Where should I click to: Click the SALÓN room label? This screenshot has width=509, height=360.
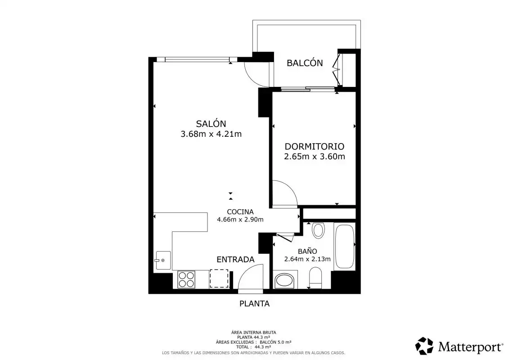coord(211,123)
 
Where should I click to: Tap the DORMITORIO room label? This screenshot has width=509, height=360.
coord(314,146)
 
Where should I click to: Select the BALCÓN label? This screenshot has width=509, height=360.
coord(305,63)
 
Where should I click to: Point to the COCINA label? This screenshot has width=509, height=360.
coord(240,211)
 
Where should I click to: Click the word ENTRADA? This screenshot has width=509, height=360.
coord(235,259)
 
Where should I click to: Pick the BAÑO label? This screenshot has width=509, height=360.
coord(307,251)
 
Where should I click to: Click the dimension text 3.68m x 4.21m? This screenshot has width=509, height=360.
coord(211,134)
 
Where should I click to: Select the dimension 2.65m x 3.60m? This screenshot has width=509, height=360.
coord(314,157)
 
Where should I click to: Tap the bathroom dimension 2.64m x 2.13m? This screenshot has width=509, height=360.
coord(307,259)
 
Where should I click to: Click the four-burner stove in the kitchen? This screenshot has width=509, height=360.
coord(186,279)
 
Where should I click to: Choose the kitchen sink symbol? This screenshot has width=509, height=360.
coord(163,261)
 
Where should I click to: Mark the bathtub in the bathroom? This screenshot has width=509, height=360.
coord(344,246)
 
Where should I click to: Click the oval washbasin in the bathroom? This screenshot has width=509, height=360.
coord(284,281)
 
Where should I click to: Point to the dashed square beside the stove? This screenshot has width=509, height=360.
coord(219,278)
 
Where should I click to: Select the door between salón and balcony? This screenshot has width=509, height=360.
coord(257,74)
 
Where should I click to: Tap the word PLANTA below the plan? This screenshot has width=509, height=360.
coord(255,303)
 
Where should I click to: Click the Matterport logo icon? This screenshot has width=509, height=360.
coord(424,346)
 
